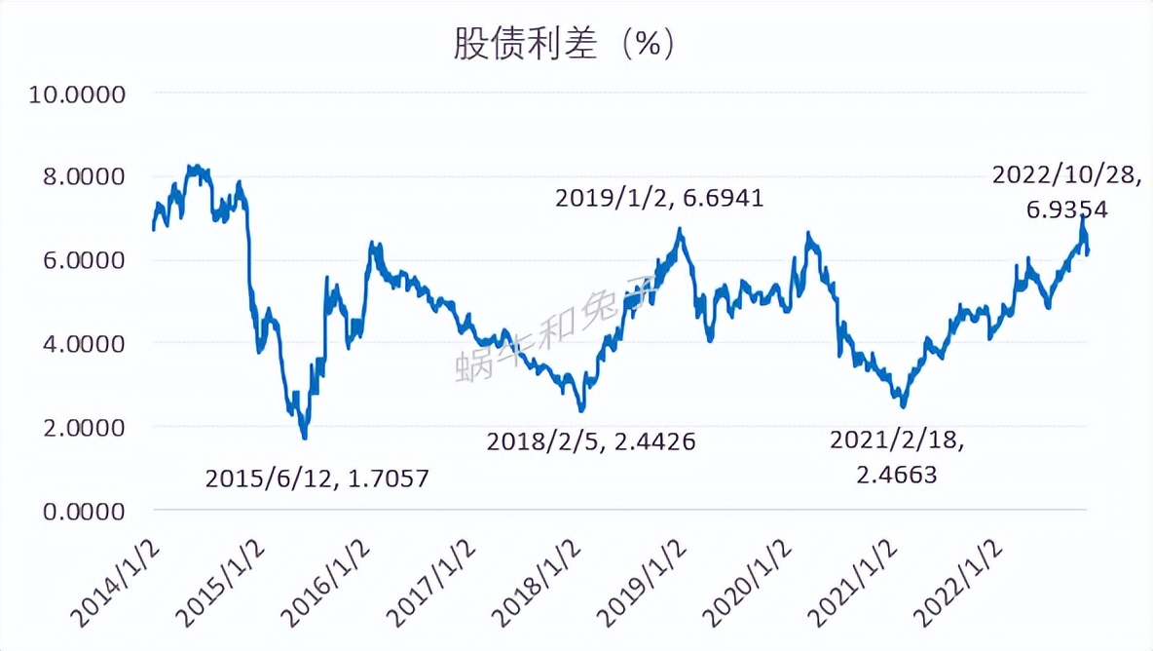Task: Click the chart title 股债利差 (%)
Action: pos(564,43)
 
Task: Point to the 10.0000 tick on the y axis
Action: pos(81,95)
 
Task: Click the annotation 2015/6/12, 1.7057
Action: pos(317,479)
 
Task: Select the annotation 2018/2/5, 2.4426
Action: pos(590,442)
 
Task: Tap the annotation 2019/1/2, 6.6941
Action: pos(659,199)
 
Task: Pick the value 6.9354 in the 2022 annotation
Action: pos(1067,209)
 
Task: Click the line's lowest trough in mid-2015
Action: pos(305,436)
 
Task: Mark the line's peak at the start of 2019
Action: pos(680,230)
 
